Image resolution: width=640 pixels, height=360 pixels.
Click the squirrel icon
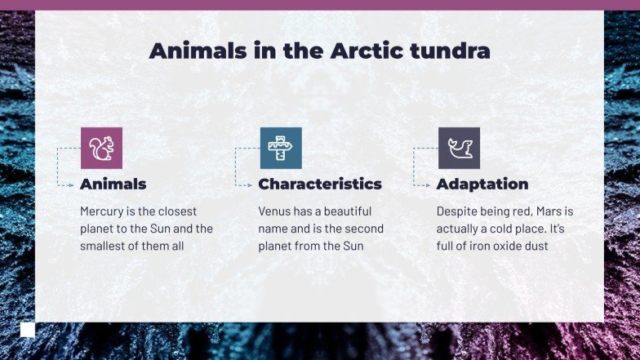tap(101, 148)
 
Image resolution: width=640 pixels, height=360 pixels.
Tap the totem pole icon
tap(280, 148)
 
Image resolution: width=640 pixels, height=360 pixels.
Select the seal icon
tap(459, 148)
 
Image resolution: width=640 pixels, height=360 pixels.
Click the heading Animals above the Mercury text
tap(113, 184)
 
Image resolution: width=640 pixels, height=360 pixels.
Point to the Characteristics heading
tap(320, 184)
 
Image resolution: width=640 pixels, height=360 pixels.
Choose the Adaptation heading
tap(482, 184)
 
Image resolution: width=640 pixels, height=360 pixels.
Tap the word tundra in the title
tap(453, 51)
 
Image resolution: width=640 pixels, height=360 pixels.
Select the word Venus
tap(275, 211)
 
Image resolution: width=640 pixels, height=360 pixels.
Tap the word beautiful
tap(344, 211)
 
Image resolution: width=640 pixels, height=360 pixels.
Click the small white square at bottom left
tap(28, 330)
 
